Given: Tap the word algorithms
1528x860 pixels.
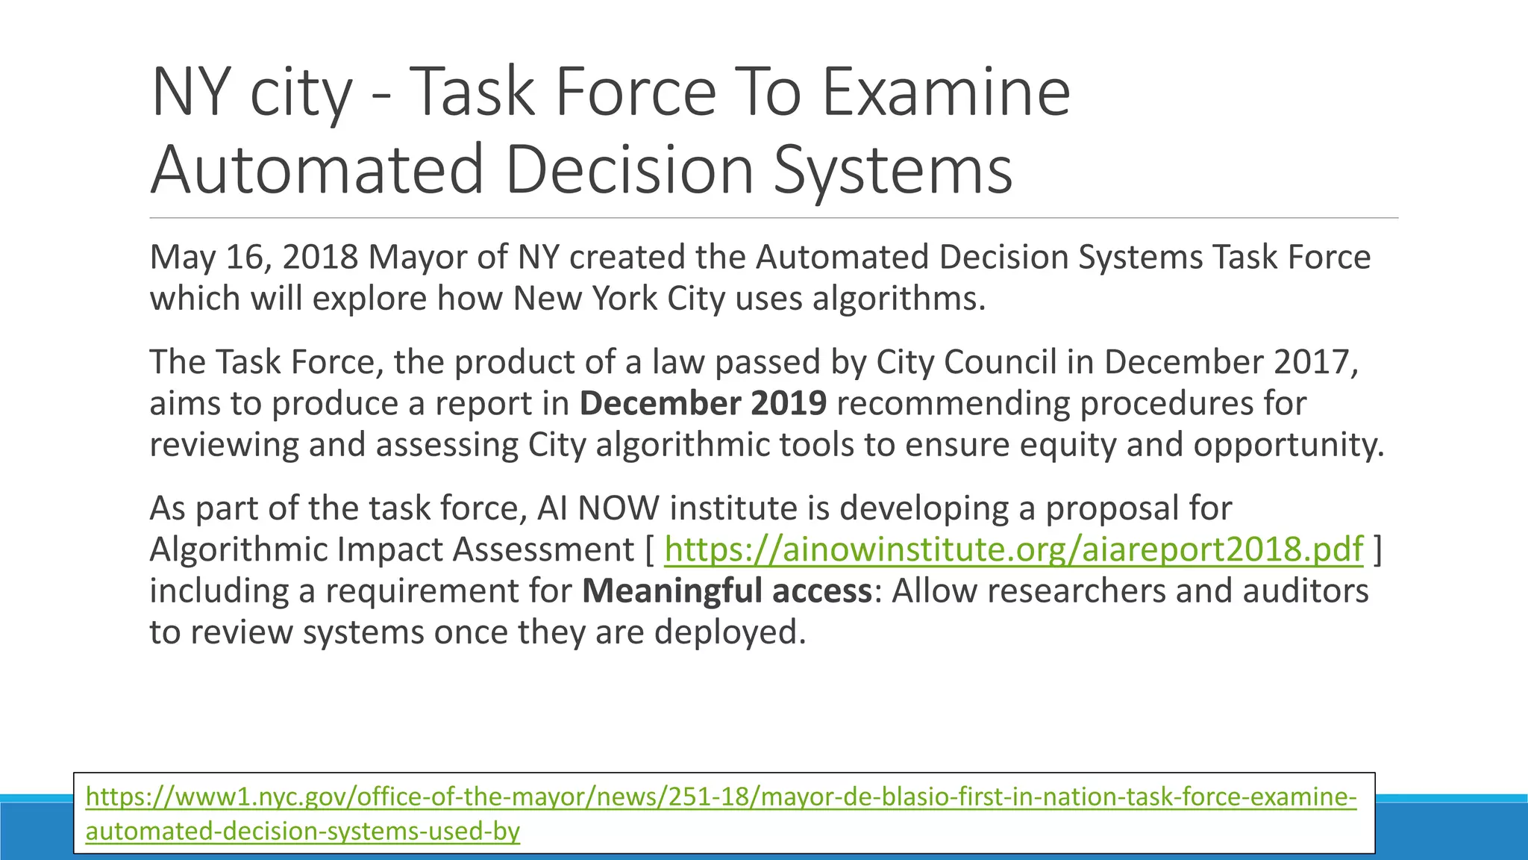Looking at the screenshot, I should coord(898,299).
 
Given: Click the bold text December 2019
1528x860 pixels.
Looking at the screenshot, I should coord(703,404).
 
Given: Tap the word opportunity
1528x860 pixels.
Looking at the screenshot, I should coord(1289,445).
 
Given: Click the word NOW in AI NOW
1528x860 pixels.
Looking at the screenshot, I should coord(619,508).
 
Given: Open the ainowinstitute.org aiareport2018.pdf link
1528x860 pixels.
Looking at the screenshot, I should coord(1013,549).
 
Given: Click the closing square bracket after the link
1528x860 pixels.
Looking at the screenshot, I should coord(1377,549).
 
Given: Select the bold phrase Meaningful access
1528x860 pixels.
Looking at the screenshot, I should coord(727,591).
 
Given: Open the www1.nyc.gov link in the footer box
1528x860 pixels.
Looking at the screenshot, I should coord(721,797).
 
